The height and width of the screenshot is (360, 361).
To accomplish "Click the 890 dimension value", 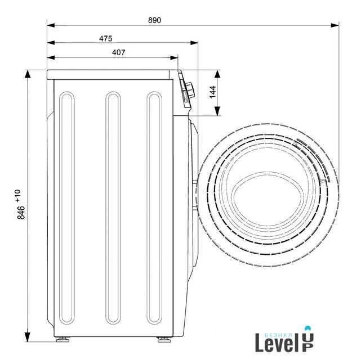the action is [x=154, y=20].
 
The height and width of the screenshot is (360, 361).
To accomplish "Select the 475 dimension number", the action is [x=106, y=38].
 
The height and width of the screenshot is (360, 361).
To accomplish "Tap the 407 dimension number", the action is [x=119, y=52].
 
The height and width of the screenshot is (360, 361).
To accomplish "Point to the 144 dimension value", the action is [x=213, y=92].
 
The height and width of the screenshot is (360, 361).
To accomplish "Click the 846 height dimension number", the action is [x=21, y=213].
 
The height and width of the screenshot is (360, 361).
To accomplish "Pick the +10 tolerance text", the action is [x=18, y=196].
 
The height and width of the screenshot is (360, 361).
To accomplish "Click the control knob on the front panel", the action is [x=190, y=90].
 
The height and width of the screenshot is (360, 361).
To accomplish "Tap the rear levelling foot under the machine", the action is [x=63, y=339].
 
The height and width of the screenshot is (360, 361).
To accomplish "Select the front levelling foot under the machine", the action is [x=164, y=339].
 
